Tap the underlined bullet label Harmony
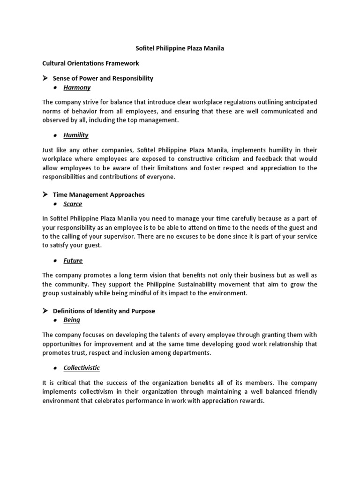point(77,88)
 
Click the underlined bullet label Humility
point(76,135)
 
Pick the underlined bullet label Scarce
point(73,204)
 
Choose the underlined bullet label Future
point(73,261)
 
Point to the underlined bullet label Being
point(72,320)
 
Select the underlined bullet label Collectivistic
point(82,367)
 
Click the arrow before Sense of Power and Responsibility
point(45,78)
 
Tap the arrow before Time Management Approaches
point(45,194)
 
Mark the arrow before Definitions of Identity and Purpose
point(45,311)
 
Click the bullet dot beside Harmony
point(55,88)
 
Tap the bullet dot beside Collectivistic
point(55,368)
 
